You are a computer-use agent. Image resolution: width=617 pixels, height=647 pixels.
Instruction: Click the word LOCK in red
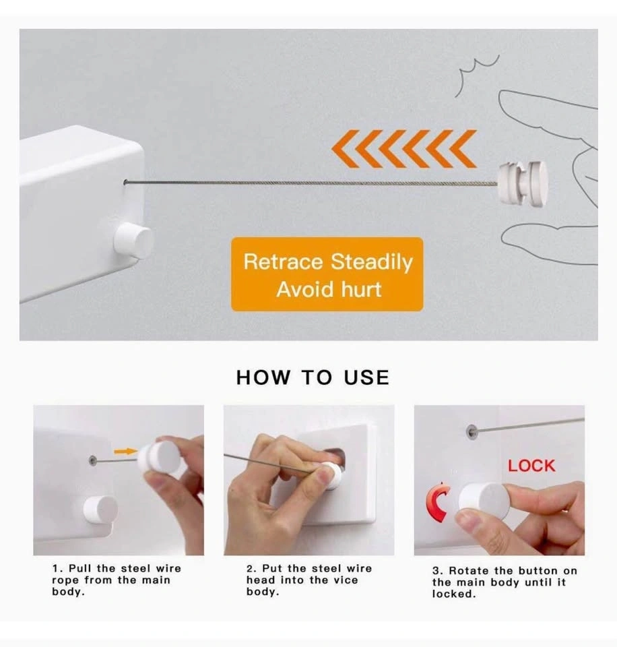531,466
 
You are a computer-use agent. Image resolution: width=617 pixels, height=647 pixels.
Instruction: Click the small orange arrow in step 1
125,452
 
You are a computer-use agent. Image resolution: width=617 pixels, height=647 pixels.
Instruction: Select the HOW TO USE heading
313,377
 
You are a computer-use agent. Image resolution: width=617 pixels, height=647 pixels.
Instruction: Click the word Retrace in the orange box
283,261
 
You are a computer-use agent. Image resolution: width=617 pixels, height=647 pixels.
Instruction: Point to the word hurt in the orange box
361,289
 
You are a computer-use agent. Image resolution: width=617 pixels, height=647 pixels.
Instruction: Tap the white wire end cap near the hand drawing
523,183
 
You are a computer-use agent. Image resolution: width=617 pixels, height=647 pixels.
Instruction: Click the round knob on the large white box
133,240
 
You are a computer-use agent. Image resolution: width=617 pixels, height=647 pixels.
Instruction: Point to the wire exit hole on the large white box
125,182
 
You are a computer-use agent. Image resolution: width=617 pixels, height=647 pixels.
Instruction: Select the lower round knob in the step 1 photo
100,510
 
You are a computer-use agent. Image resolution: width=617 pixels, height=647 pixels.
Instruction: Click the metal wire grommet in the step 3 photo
472,431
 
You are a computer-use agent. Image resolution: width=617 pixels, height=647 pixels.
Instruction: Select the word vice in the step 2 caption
346,580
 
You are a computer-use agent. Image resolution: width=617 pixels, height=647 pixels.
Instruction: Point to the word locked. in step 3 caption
454,594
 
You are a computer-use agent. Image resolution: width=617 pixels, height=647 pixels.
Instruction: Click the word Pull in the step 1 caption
80,568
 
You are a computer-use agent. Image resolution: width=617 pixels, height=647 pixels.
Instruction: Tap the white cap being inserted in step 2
333,476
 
